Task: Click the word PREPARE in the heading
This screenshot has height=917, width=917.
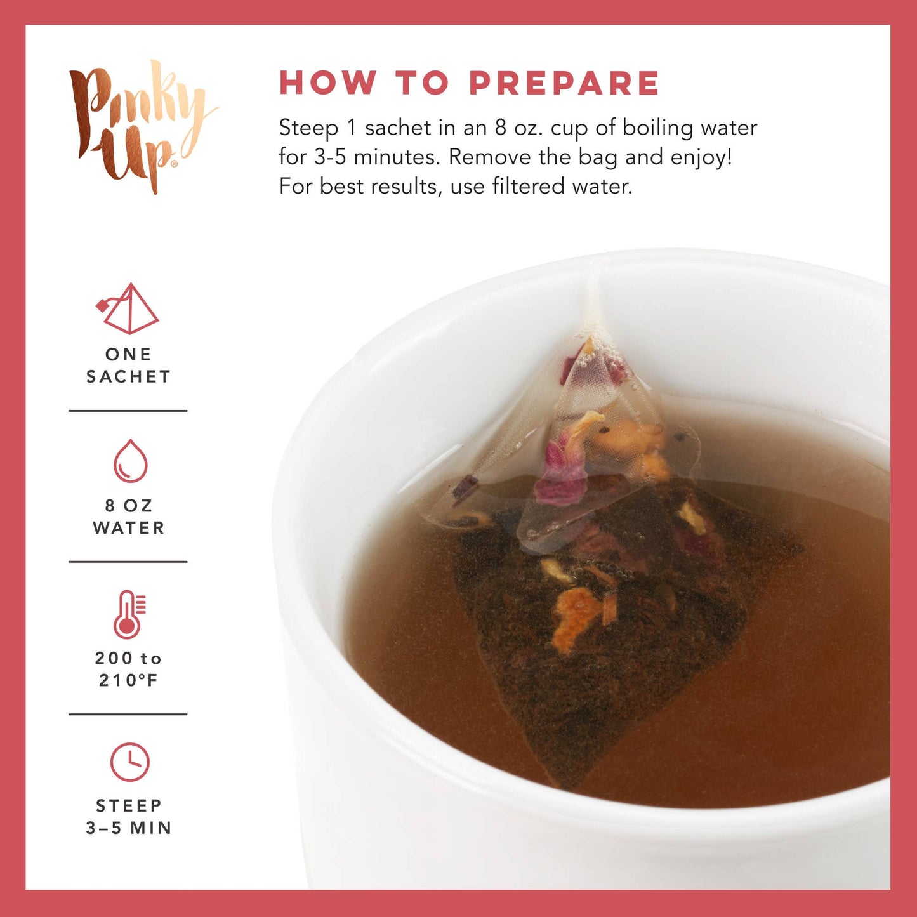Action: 564,83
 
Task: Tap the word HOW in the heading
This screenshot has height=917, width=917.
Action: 327,83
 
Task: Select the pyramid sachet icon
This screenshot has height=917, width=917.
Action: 129,309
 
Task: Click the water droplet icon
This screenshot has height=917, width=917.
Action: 130,461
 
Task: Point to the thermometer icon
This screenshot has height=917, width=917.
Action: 129,614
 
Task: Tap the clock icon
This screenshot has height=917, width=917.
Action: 129,762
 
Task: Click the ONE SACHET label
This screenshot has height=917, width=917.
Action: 128,366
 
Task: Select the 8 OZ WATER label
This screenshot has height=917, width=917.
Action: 128,517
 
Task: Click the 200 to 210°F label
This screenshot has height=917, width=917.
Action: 128,669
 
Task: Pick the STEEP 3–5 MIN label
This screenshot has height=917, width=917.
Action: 129,817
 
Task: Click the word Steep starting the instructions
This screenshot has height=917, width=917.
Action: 308,128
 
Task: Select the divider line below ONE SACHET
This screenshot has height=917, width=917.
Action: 128,411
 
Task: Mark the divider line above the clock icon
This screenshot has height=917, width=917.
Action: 128,714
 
